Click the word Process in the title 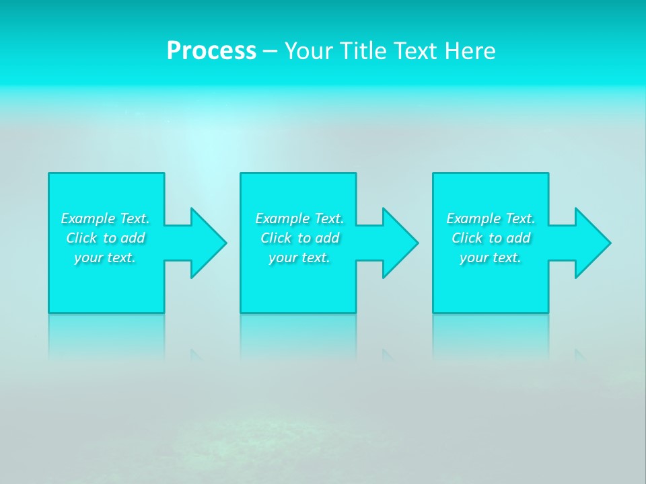(211, 51)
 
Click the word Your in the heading (308, 51)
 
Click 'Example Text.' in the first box (105, 218)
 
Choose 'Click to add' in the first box (105, 238)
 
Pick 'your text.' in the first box (105, 257)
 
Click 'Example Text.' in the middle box (299, 218)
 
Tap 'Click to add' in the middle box (299, 238)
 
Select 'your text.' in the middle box (299, 257)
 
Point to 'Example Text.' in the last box (491, 218)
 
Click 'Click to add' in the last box (491, 238)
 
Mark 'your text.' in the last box (491, 257)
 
